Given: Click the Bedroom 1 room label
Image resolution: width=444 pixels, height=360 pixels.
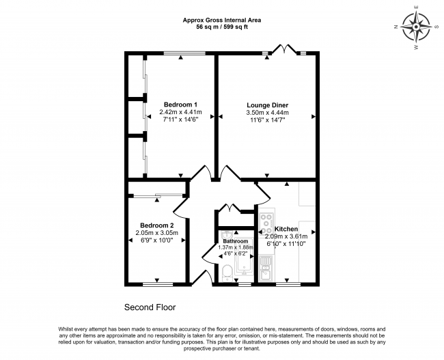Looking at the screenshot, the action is click(x=180, y=104).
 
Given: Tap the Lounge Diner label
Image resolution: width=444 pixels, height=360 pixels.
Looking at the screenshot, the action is click(x=268, y=105).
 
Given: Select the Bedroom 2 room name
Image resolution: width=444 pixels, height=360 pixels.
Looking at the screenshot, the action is click(x=157, y=225).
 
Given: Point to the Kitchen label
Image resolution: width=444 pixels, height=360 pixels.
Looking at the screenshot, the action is click(x=286, y=229).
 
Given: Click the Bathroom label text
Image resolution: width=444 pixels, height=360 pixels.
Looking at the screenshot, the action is click(x=236, y=241).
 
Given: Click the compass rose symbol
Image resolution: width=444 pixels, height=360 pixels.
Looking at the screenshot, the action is click(x=416, y=27).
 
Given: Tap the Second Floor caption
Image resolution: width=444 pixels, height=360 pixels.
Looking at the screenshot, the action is click(x=150, y=307).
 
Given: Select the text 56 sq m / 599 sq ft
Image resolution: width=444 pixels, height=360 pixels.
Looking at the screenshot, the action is click(x=222, y=27).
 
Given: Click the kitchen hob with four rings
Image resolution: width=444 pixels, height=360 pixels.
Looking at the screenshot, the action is click(x=266, y=223).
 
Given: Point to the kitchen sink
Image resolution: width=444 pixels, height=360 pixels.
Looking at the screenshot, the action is click(x=265, y=268).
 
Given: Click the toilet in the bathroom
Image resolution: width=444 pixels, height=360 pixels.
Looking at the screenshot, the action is click(x=227, y=273).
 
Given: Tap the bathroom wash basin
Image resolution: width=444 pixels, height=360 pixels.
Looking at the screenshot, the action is click(x=227, y=234).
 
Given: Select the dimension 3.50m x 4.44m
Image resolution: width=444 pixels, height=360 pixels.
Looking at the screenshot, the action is click(x=268, y=113).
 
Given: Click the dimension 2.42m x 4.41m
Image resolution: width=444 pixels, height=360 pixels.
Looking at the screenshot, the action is click(x=180, y=112).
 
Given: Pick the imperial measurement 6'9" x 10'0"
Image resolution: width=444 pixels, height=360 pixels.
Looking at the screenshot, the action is click(x=157, y=240).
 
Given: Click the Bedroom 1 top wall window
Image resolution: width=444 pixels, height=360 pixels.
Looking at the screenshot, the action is click(x=184, y=53).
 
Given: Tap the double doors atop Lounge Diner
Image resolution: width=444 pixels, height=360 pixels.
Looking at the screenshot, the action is click(x=284, y=49).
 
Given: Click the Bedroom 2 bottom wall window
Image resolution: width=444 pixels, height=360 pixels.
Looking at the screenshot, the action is click(x=158, y=284).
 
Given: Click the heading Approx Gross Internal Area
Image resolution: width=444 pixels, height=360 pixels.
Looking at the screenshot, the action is click(x=222, y=20).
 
